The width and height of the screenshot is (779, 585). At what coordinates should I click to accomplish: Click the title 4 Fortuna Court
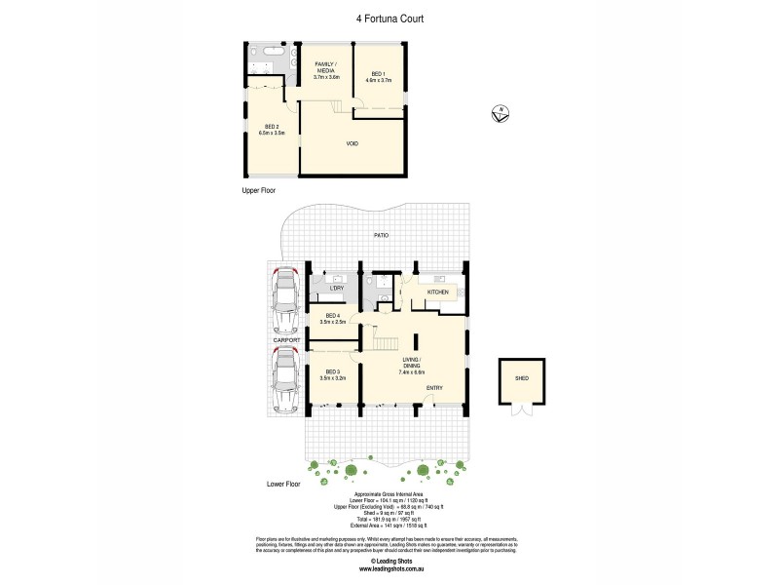tap(389, 18)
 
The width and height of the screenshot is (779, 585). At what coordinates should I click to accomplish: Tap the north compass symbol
tap(500, 114)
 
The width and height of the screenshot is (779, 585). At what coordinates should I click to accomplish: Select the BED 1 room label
tap(377, 77)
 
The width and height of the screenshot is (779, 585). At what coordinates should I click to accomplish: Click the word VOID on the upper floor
tap(352, 143)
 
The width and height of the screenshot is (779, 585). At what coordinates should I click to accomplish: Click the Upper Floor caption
tap(261, 192)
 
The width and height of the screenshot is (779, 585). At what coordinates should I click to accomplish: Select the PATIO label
tap(385, 236)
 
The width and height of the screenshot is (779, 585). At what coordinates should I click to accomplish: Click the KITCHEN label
tap(437, 292)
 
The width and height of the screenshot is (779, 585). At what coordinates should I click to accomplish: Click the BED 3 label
tap(333, 373)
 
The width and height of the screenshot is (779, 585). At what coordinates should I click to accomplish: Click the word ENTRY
tap(434, 388)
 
